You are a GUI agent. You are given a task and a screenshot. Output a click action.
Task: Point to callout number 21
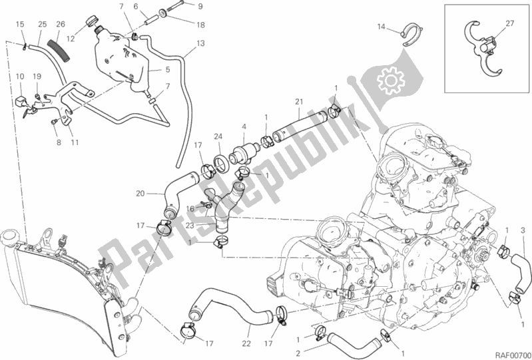(x=299, y=102)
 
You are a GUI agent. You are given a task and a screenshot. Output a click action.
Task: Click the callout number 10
(x=19, y=76)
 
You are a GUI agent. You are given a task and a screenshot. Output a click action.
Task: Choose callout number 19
(x=38, y=76)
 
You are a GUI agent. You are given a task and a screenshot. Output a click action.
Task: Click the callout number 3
(x=523, y=230)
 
